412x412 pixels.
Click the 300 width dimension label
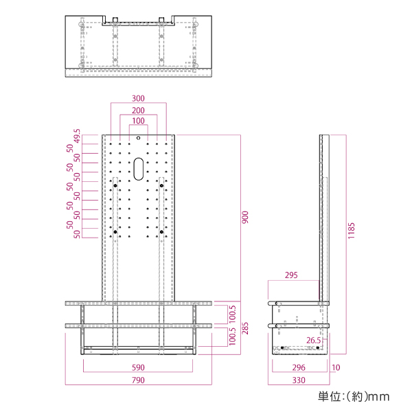coord(139,98)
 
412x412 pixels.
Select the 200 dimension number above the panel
coord(139,110)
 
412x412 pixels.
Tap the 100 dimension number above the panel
coord(139,121)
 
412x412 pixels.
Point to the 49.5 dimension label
coord(78,136)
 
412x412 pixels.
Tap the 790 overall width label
coord(139,379)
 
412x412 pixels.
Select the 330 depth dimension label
coord(298,379)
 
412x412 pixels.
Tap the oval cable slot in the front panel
coord(139,169)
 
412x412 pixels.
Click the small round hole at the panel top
coord(139,138)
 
